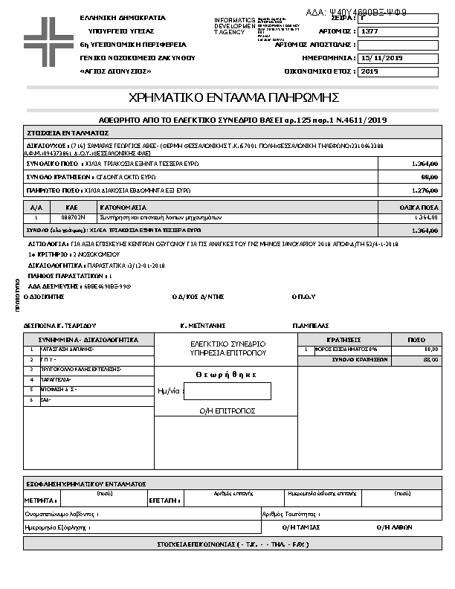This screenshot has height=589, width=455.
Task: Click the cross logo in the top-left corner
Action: [47, 42]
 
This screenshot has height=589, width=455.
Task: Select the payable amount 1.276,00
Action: [425, 190]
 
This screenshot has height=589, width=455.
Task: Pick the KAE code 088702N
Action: [71, 217]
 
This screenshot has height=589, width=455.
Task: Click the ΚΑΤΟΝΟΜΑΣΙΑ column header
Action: [123, 207]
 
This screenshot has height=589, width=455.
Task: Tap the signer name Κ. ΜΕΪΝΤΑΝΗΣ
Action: [204, 326]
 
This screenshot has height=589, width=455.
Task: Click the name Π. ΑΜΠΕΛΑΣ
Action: [309, 326]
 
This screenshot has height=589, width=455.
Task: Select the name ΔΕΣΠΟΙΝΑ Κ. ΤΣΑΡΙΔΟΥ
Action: [61, 326]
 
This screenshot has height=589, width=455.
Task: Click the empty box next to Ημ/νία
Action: [227, 391]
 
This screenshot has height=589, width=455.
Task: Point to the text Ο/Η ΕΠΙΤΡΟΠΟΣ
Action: [227, 411]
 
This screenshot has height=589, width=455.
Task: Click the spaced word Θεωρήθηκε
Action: [226, 375]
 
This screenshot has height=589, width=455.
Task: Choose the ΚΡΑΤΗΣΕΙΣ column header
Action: [343, 339]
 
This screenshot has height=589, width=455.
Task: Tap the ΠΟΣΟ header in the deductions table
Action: [417, 339]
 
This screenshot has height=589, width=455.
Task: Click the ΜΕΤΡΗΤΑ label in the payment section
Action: [39, 501]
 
